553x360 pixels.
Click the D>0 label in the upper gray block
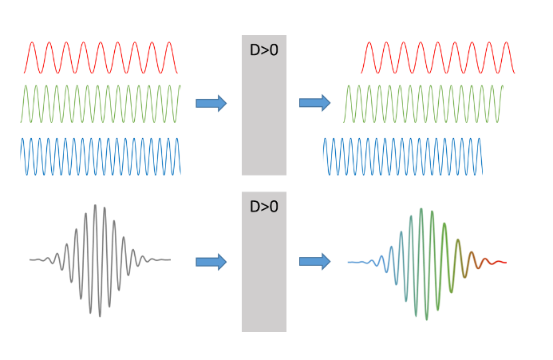tap(263, 50)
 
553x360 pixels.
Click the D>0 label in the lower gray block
tap(263, 207)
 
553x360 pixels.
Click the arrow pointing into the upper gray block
tap(211, 103)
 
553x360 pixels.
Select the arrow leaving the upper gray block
tap(314, 102)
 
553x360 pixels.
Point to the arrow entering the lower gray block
tap(211, 262)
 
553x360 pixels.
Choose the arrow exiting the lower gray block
tap(314, 261)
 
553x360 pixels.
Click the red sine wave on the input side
tap(101, 57)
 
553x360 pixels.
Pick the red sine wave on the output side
tap(437, 57)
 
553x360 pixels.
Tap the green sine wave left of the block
tap(101, 104)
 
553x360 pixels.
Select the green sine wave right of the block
tap(423, 104)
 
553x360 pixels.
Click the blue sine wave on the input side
tap(101, 156)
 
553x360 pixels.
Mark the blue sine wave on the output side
tap(402, 156)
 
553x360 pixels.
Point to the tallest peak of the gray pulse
tap(95, 206)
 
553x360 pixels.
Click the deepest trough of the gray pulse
tap(100, 316)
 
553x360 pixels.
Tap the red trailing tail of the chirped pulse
tap(496, 262)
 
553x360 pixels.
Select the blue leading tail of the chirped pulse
tap(359, 262)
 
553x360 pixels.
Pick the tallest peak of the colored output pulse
tap(421, 210)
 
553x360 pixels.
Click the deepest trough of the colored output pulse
tap(426, 318)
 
